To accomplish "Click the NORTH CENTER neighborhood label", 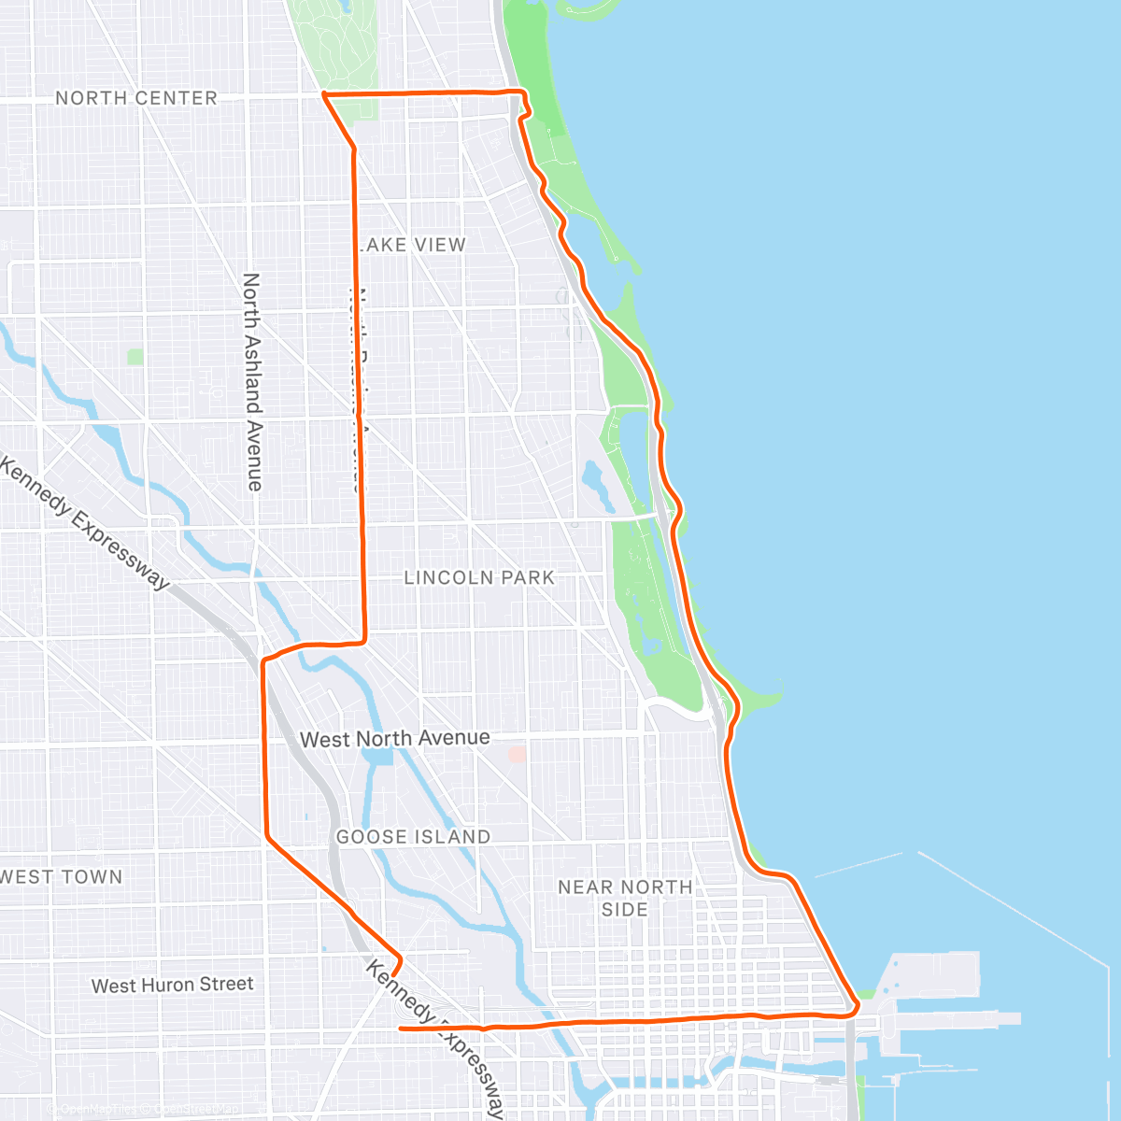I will pos(135,98).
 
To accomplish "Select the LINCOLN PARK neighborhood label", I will pos(479,578).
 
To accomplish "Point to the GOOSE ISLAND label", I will pos(413,837).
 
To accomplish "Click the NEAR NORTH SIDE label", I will pos(625,898).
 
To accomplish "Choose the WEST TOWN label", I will pos(62,877).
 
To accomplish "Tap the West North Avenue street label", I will pos(394,739).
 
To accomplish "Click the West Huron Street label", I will pos(173,985).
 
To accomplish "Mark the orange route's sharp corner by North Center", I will pos(323,94).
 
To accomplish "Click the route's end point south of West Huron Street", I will pos(401,1028).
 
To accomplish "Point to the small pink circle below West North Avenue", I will pos(517,753).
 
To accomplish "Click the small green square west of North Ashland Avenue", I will pos(136,356).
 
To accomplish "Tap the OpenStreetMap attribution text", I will pos(196,1110).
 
